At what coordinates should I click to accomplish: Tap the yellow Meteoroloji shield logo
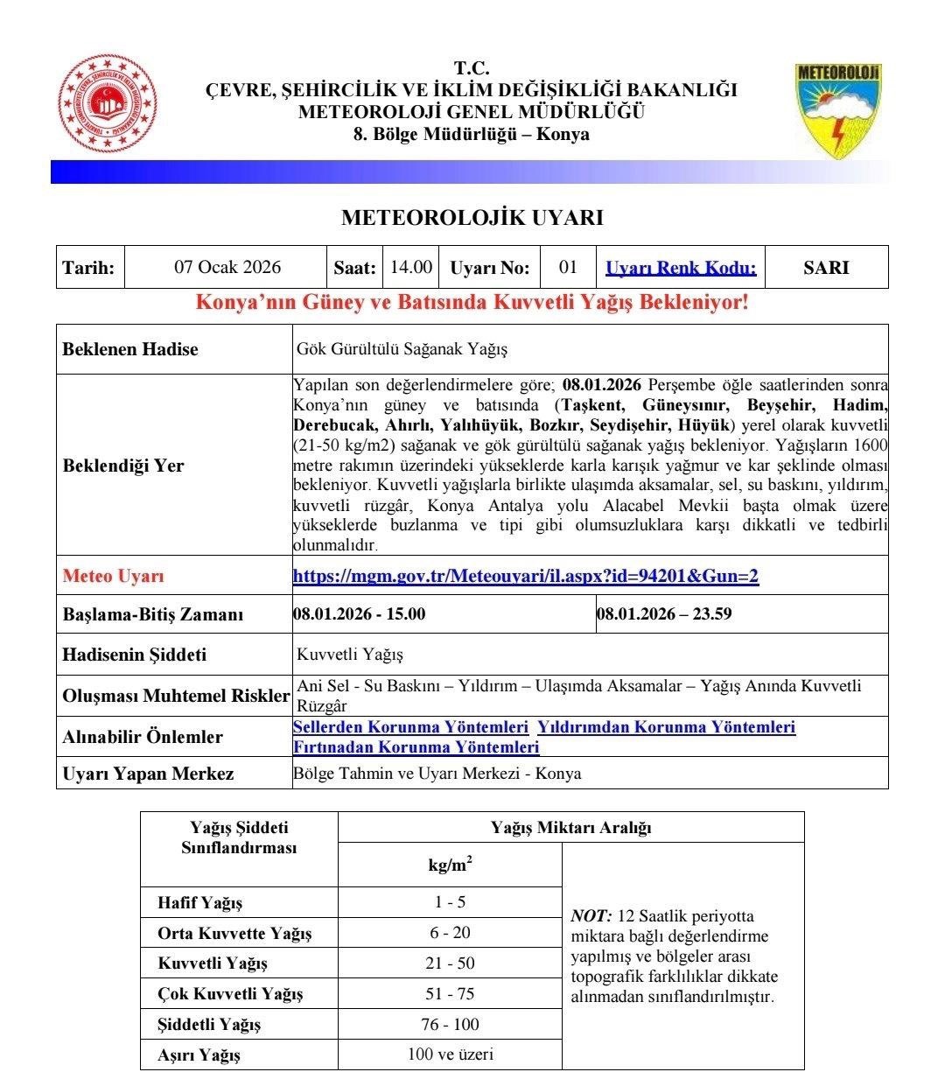point(837,109)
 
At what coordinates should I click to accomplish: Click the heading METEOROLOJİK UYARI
point(472,218)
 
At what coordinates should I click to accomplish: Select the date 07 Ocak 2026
point(227,268)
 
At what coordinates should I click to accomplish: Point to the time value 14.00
point(411,267)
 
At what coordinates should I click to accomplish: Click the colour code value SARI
point(826,268)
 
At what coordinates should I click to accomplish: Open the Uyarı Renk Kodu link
point(681,268)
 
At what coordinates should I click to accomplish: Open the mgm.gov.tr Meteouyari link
point(525,576)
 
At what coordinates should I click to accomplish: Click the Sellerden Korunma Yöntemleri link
point(410,727)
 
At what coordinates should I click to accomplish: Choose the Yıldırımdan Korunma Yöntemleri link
point(666,727)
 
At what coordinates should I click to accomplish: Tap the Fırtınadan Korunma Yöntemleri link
point(416,747)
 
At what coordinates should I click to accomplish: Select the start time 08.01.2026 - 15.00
point(360,613)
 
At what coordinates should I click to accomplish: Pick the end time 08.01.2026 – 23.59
point(664,613)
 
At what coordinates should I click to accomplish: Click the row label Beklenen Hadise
point(130,349)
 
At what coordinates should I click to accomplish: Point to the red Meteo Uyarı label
point(113,577)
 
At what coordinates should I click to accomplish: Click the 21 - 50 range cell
point(451,963)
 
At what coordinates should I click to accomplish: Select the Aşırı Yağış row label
point(199,1054)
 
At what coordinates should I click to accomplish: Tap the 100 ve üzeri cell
point(450,1054)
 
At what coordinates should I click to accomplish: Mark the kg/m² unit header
point(450,865)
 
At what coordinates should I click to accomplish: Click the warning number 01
point(568,267)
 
